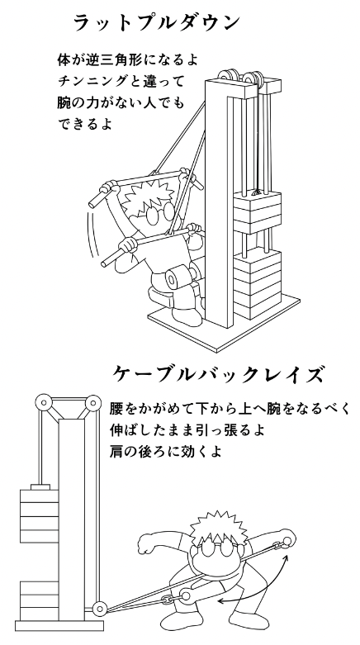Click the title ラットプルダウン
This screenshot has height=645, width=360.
(x=156, y=22)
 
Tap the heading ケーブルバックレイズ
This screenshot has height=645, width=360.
(x=217, y=375)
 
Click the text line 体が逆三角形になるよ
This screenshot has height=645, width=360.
(x=127, y=60)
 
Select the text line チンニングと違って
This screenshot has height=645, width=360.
(x=120, y=82)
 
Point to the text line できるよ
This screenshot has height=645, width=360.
(x=85, y=124)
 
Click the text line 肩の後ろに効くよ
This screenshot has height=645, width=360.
(x=166, y=451)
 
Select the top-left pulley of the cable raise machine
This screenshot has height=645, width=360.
(x=43, y=402)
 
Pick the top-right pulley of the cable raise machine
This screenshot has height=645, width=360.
(x=92, y=402)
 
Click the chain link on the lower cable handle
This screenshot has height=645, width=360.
(x=167, y=600)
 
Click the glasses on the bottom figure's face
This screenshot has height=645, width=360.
(x=215, y=548)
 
